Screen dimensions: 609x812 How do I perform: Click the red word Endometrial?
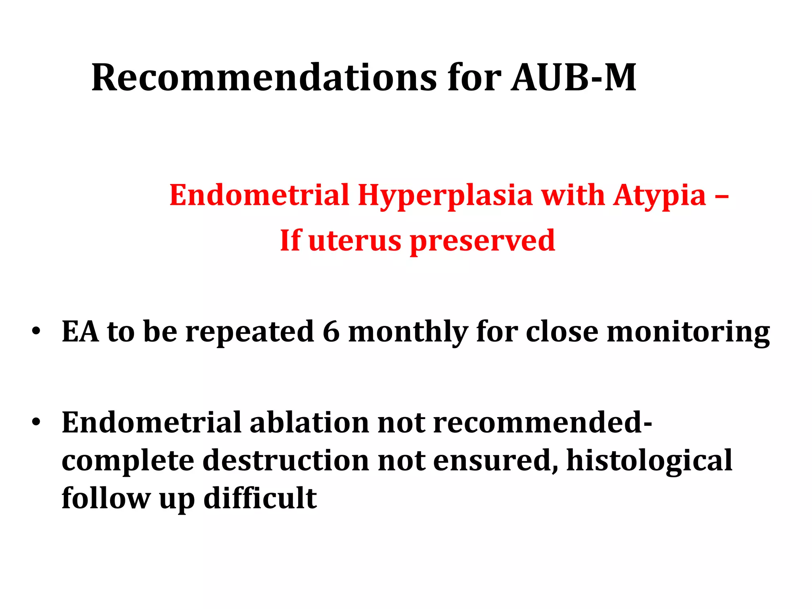point(259,195)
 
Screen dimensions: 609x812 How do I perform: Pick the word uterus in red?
point(354,241)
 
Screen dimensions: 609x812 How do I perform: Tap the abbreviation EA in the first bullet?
point(80,331)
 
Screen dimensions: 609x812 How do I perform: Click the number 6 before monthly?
point(331,331)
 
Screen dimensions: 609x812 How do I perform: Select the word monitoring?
point(688,332)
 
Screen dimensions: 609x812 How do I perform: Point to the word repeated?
point(250,332)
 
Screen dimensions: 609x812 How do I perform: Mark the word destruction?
point(286,460)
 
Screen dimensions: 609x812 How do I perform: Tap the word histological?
point(649,461)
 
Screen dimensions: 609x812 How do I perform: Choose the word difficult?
point(260,498)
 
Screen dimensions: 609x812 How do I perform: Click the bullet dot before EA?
point(36,331)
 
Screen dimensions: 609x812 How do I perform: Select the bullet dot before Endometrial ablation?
point(36,422)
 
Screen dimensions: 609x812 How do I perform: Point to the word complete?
point(128,461)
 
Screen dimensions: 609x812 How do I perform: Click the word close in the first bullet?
point(562,331)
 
